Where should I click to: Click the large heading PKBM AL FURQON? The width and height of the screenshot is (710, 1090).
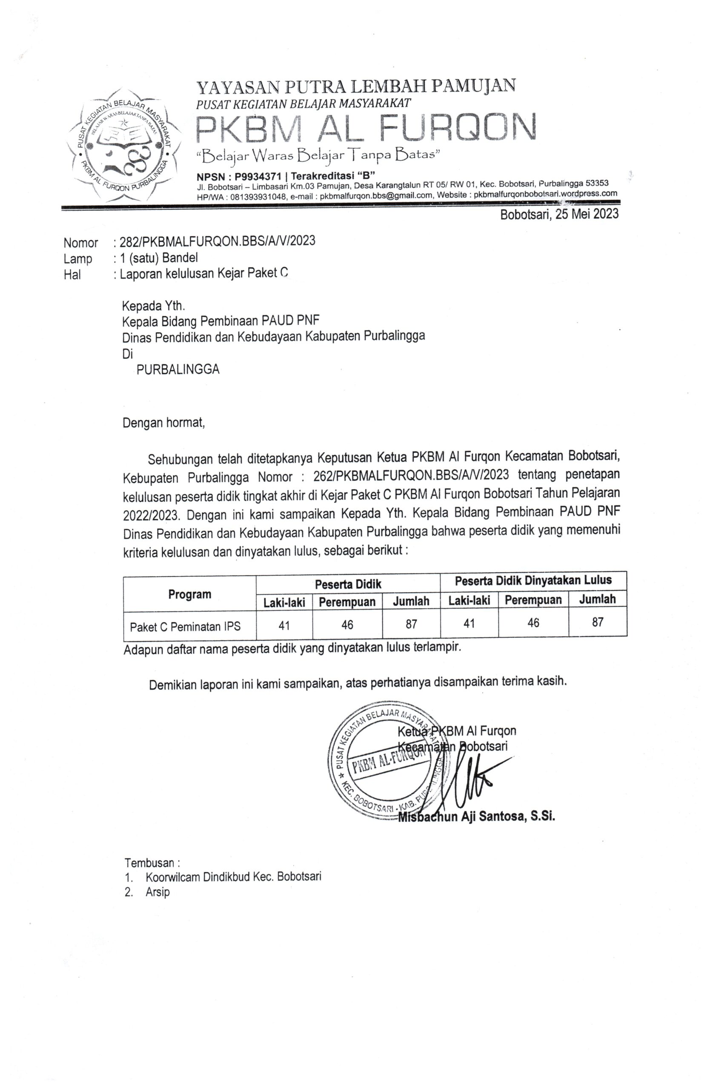pos(365,127)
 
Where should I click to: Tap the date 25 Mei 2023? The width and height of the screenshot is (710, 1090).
pos(587,214)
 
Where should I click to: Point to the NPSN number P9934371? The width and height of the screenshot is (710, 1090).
pos(258,176)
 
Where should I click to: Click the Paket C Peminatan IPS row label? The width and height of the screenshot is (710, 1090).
pos(185,626)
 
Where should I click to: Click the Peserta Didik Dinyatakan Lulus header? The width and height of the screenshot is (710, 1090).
pos(533,580)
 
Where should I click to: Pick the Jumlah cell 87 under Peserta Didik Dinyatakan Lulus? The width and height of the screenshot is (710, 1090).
pos(597,622)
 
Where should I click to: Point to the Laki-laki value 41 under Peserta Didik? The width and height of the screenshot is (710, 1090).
pos(284,625)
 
